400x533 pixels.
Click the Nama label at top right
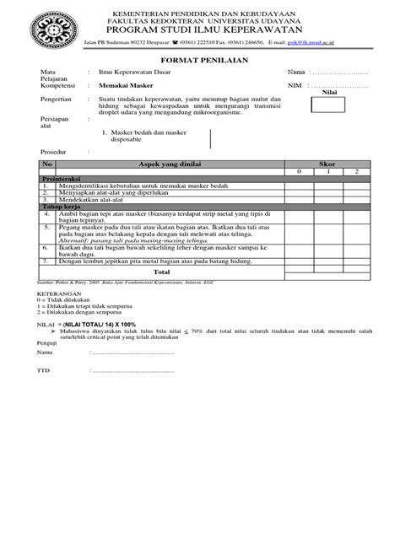295,73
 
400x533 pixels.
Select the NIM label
294,86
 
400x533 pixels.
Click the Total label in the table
160,272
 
